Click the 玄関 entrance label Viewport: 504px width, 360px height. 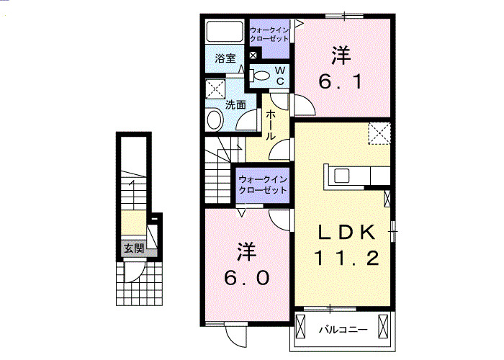coord(133,248)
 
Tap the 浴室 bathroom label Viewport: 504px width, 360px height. coord(225,59)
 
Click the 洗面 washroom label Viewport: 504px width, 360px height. coord(235,104)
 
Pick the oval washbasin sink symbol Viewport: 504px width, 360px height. coord(214,120)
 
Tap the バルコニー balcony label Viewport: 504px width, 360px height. coord(343,330)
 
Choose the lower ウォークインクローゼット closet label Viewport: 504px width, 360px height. coord(263,184)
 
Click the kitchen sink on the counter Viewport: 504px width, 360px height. coord(341,175)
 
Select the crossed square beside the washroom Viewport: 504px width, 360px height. coord(215,89)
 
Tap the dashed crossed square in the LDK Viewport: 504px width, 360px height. coord(379,134)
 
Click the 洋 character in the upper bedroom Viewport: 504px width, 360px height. coord(341,55)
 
